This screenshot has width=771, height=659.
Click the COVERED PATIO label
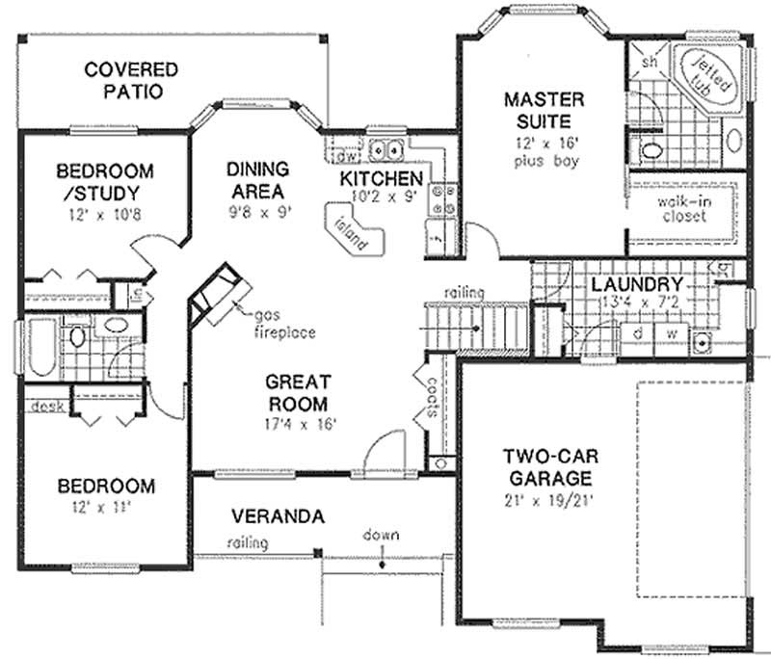(131, 80)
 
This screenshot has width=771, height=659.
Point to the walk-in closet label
(682, 209)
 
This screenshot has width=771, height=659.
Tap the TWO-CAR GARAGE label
(546, 466)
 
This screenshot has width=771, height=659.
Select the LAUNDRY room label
(637, 285)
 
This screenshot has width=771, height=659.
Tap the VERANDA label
(277, 516)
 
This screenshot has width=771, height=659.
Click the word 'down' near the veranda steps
(381, 535)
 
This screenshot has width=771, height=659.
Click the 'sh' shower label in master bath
(649, 63)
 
